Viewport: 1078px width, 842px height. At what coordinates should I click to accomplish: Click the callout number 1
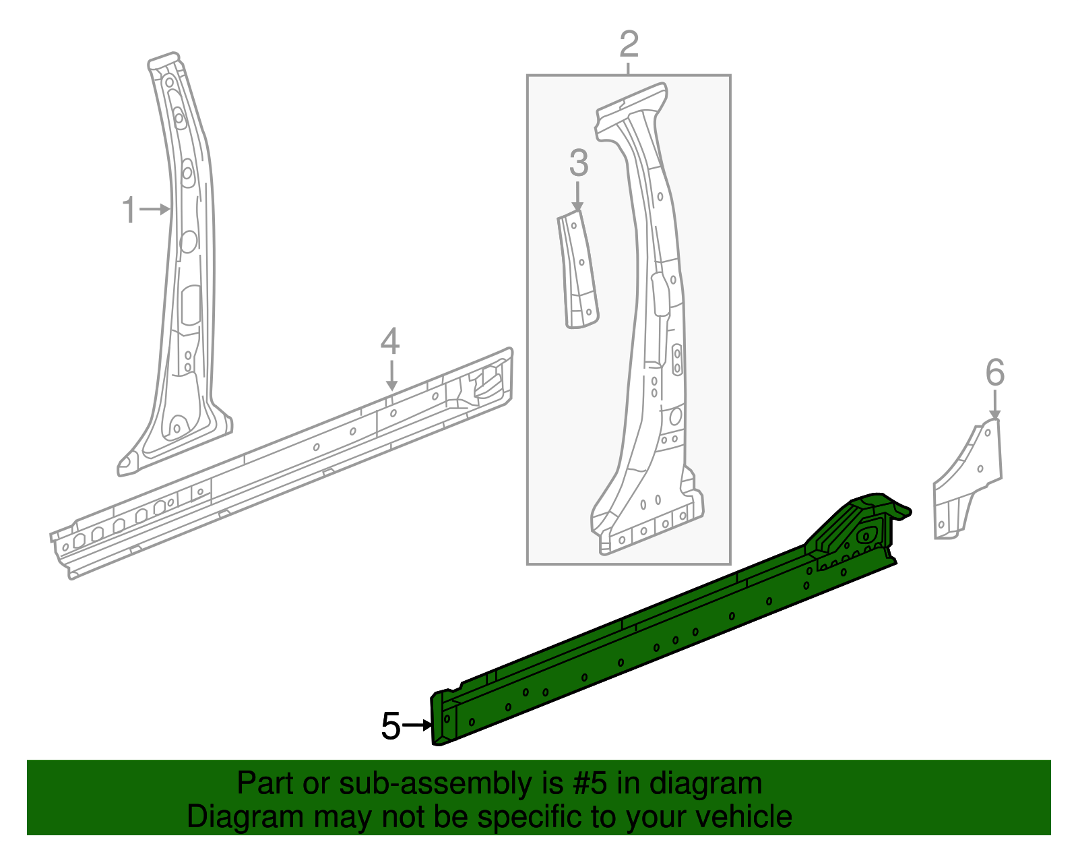[129, 210]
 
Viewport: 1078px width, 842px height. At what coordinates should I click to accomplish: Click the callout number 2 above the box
[629, 44]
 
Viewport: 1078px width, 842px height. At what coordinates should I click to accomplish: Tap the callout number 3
[578, 164]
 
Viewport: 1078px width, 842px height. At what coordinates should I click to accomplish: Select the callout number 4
[390, 341]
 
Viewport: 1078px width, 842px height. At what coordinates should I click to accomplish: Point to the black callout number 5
[391, 726]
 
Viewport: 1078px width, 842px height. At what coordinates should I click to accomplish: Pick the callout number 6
[995, 373]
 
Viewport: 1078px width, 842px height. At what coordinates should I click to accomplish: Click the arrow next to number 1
[156, 210]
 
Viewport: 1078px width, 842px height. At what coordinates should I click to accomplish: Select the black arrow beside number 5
[418, 725]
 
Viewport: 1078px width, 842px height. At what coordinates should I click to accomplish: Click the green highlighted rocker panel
[640, 634]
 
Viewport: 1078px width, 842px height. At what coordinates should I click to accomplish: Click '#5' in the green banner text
[591, 784]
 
